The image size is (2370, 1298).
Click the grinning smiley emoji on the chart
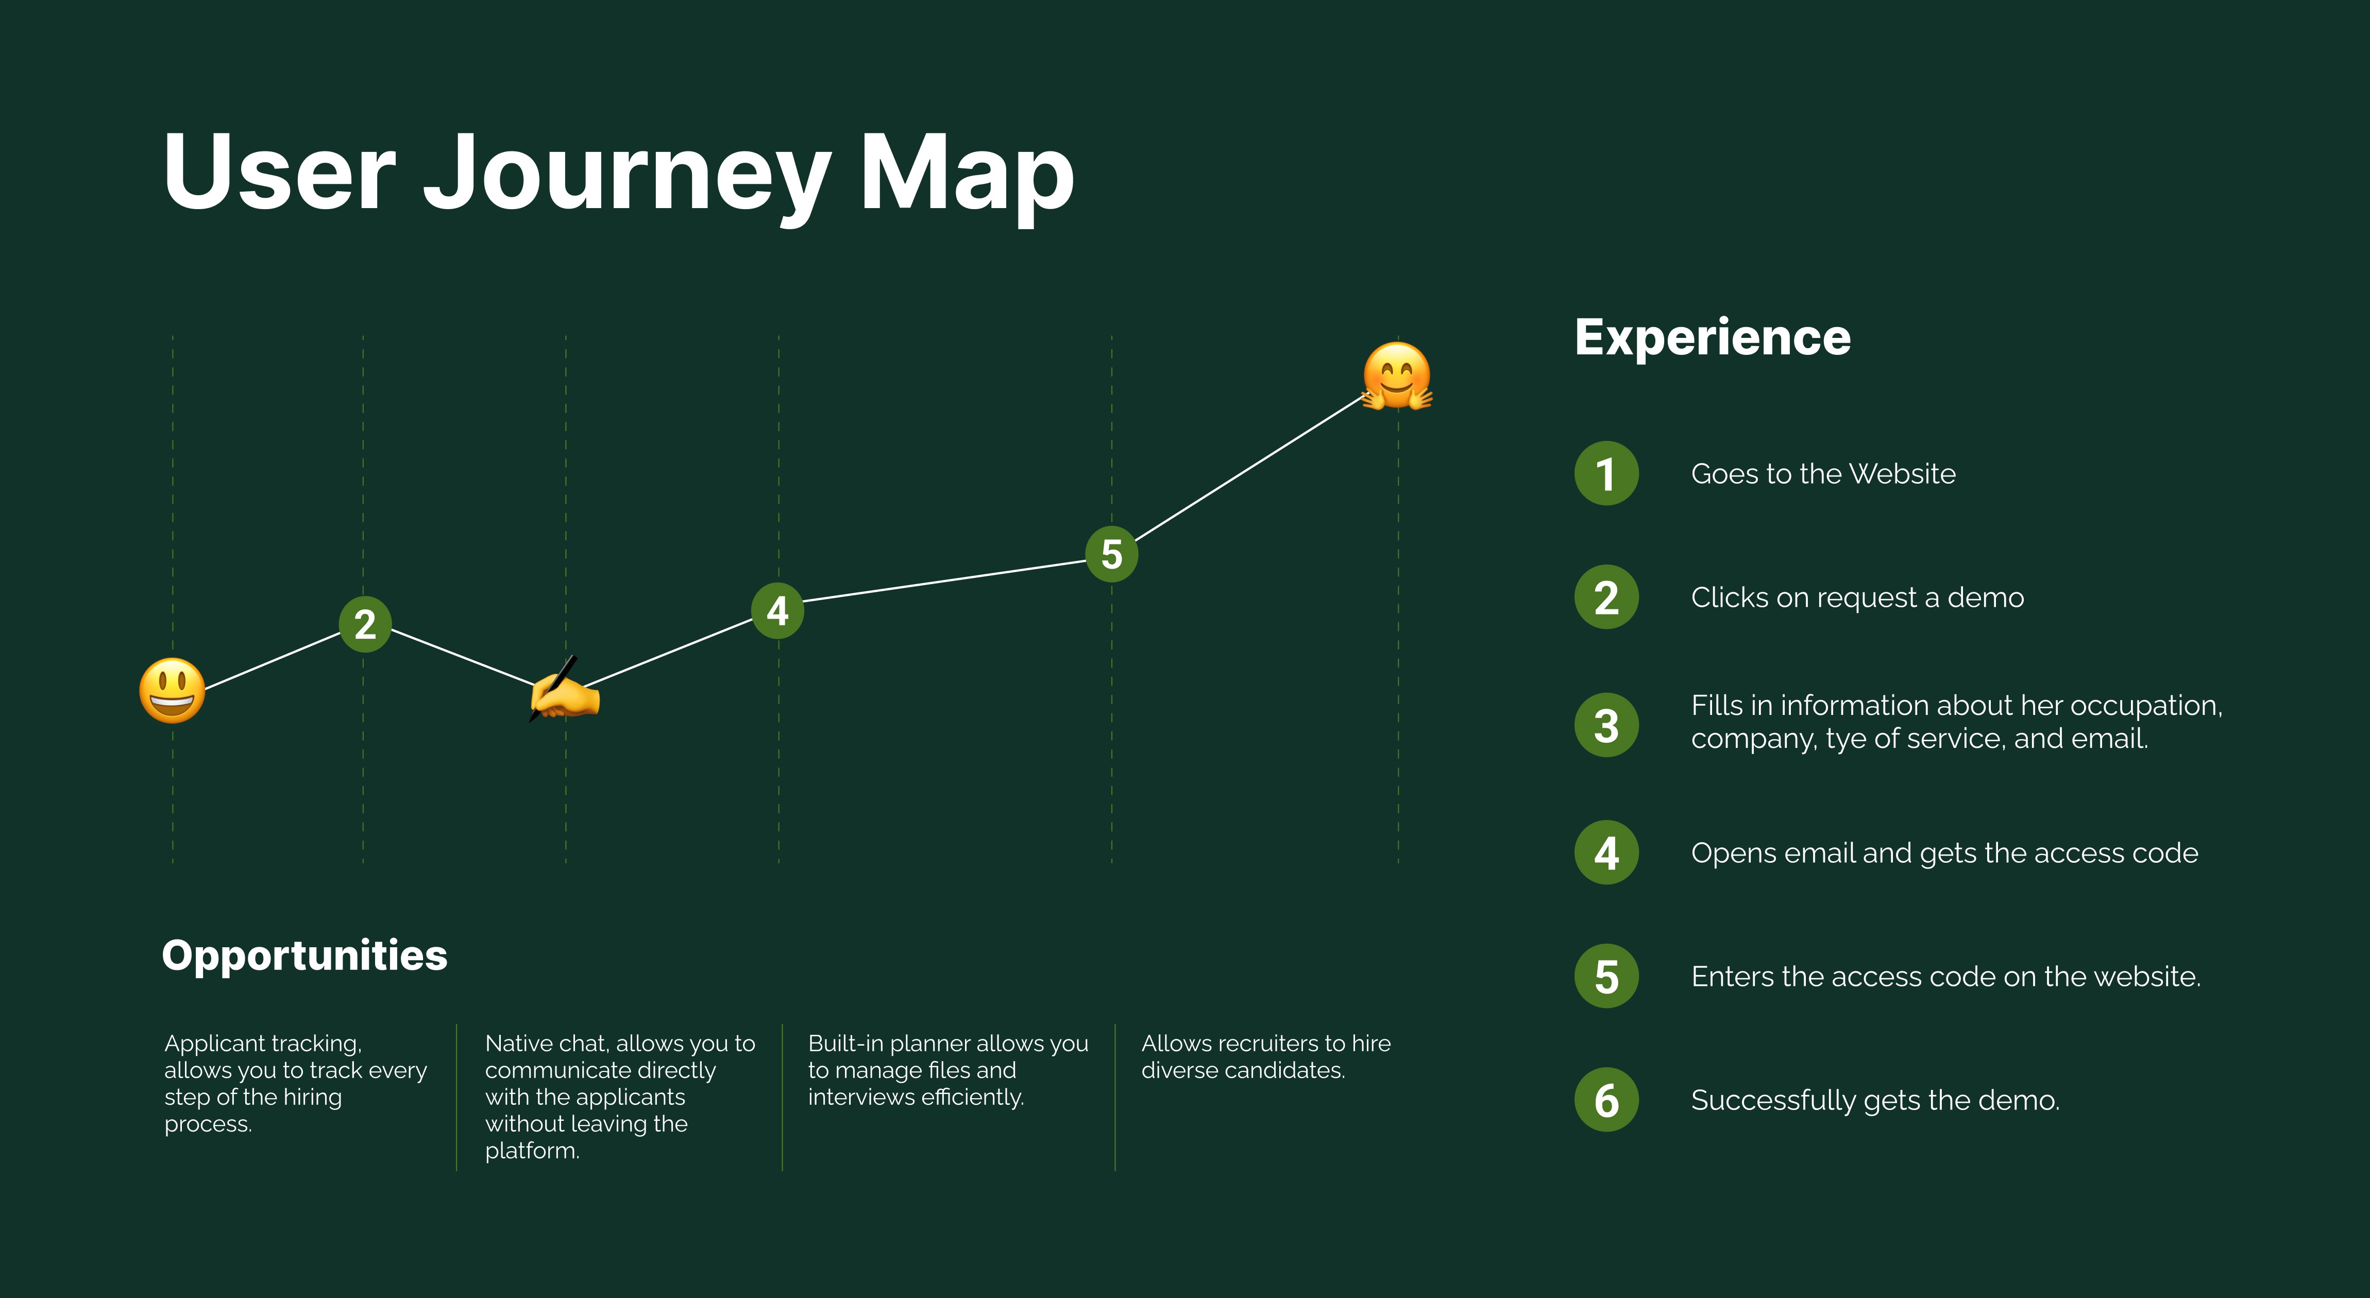click(x=172, y=690)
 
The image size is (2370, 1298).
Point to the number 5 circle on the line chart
click(x=1111, y=554)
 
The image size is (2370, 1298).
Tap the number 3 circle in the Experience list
click(x=1606, y=725)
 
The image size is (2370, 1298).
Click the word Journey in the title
click(x=625, y=175)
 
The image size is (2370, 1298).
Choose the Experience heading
click(x=1712, y=337)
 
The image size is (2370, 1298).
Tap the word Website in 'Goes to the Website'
click(x=1903, y=474)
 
